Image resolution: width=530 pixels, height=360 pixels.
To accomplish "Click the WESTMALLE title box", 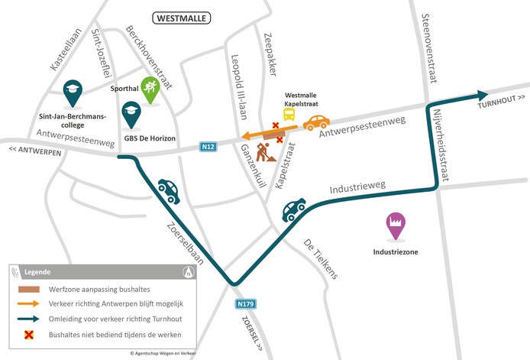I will click(x=183, y=17).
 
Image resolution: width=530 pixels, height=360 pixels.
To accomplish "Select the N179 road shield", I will click(x=245, y=303).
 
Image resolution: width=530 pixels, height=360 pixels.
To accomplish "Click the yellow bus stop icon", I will click(x=289, y=114).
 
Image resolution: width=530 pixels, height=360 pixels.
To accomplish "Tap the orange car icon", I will click(x=316, y=122).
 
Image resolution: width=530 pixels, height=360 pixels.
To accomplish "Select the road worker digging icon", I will click(x=267, y=153).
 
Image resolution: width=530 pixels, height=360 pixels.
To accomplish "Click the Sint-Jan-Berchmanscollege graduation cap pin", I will click(x=73, y=92).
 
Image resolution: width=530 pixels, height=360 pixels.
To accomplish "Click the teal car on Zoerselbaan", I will click(x=168, y=191).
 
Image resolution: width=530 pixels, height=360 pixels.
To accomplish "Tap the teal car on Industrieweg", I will click(x=294, y=209).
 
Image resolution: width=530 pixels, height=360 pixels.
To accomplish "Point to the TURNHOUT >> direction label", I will click(x=502, y=107).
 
